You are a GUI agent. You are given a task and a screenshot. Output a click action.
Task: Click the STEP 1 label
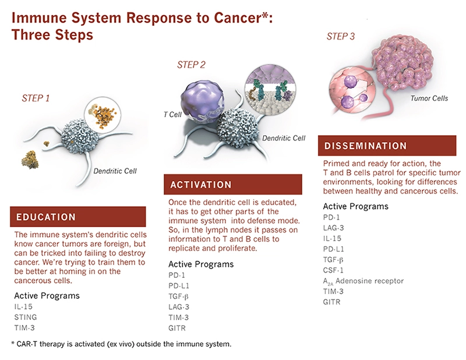pyautogui.click(x=35, y=98)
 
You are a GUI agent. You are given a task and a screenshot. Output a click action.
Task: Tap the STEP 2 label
pyautogui.click(x=191, y=65)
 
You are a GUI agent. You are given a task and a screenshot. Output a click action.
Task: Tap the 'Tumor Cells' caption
pyautogui.click(x=429, y=98)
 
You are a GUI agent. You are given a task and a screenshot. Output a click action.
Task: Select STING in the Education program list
pyautogui.click(x=25, y=317)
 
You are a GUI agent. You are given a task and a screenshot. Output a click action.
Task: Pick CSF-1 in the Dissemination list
pyautogui.click(x=334, y=270)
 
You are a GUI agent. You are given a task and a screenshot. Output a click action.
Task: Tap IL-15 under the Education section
pyautogui.click(x=24, y=306)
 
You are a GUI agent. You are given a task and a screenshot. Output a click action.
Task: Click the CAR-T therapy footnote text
pyautogui.click(x=121, y=344)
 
